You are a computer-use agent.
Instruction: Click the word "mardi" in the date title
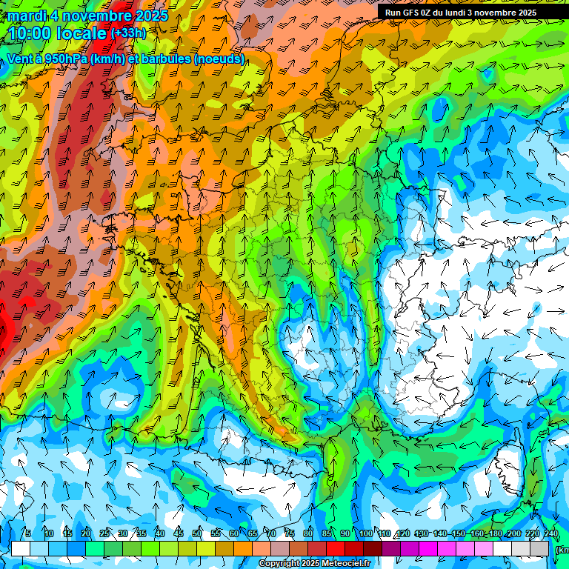(27, 16)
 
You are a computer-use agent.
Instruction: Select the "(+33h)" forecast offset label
(129, 33)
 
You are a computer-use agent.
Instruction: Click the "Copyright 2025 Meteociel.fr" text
(315, 564)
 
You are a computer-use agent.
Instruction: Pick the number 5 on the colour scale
(28, 534)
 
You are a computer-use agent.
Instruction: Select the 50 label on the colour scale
(197, 534)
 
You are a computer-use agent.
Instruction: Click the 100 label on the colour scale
(365, 534)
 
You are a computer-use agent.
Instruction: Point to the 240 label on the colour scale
(550, 534)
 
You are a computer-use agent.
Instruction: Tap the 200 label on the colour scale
(513, 534)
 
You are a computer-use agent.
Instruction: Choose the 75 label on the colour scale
(290, 534)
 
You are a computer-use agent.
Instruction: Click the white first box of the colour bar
(21, 548)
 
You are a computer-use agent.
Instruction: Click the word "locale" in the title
(81, 33)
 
